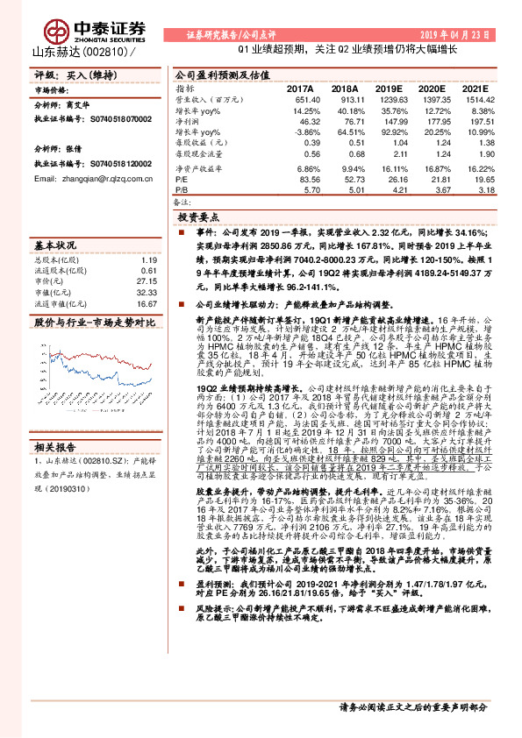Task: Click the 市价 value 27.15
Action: pos(147,283)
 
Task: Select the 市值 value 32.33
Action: pos(147,294)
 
